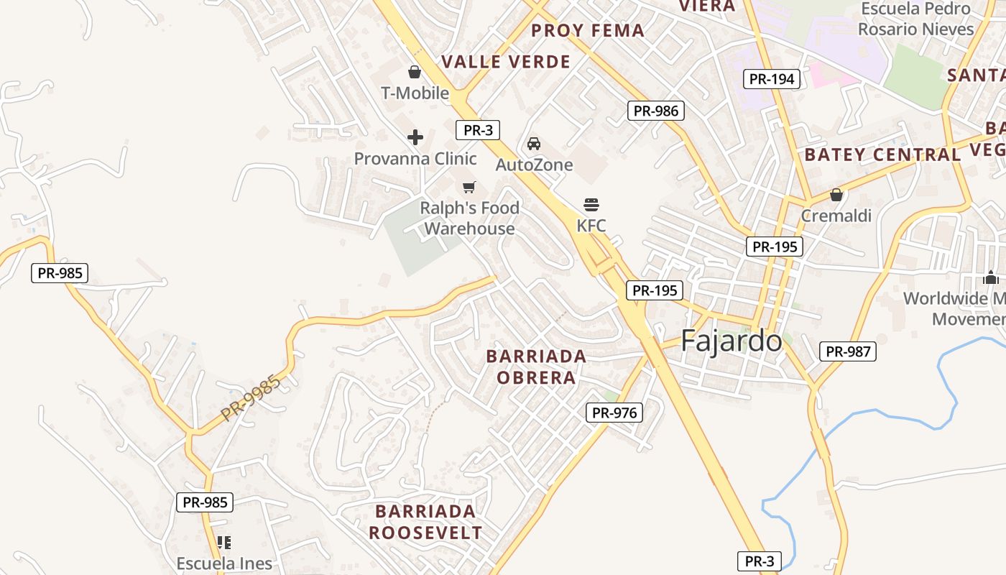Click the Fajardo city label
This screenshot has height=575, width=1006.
(731, 340)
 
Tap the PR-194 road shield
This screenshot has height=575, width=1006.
(771, 79)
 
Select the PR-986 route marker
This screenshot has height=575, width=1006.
(655, 111)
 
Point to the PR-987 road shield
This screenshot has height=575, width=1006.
(848, 351)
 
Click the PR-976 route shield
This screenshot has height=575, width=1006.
(614, 413)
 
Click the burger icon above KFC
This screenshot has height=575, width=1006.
(591, 204)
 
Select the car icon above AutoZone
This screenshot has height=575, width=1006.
(534, 144)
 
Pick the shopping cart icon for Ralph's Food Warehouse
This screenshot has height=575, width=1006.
(469, 188)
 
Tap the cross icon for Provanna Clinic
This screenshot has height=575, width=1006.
(415, 137)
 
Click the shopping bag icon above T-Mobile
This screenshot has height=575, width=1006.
(415, 72)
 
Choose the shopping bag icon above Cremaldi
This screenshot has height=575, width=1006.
(836, 195)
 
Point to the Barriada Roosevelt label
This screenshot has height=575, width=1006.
(425, 522)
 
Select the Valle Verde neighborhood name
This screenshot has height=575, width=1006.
(506, 62)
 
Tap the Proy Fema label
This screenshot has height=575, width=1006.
(587, 31)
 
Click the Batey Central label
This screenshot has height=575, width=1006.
(882, 155)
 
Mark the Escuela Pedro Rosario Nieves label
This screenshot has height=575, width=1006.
(915, 19)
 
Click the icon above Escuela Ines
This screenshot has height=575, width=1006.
(224, 542)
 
